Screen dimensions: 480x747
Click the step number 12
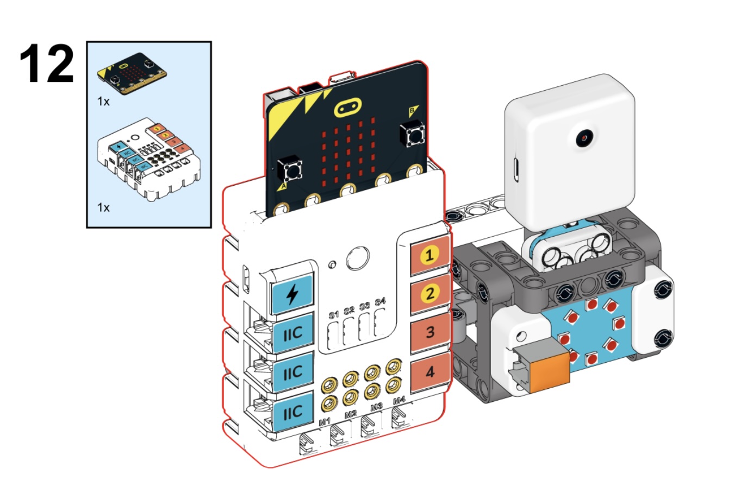[x=47, y=65]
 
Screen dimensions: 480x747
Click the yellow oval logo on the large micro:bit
[x=348, y=108]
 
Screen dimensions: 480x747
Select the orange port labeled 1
[x=429, y=255]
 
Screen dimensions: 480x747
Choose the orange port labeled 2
[x=429, y=294]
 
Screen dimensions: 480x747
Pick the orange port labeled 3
[x=430, y=332]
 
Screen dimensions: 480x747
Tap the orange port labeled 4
[x=429, y=372]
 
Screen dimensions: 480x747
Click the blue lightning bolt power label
[x=292, y=294]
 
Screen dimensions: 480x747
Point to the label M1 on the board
[x=325, y=422]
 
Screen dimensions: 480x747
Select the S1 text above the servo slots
[x=333, y=314]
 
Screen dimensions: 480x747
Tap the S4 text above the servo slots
[x=380, y=301]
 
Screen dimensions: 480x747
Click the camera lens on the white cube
[x=584, y=138]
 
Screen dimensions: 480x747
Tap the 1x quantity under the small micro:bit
[x=103, y=101]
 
